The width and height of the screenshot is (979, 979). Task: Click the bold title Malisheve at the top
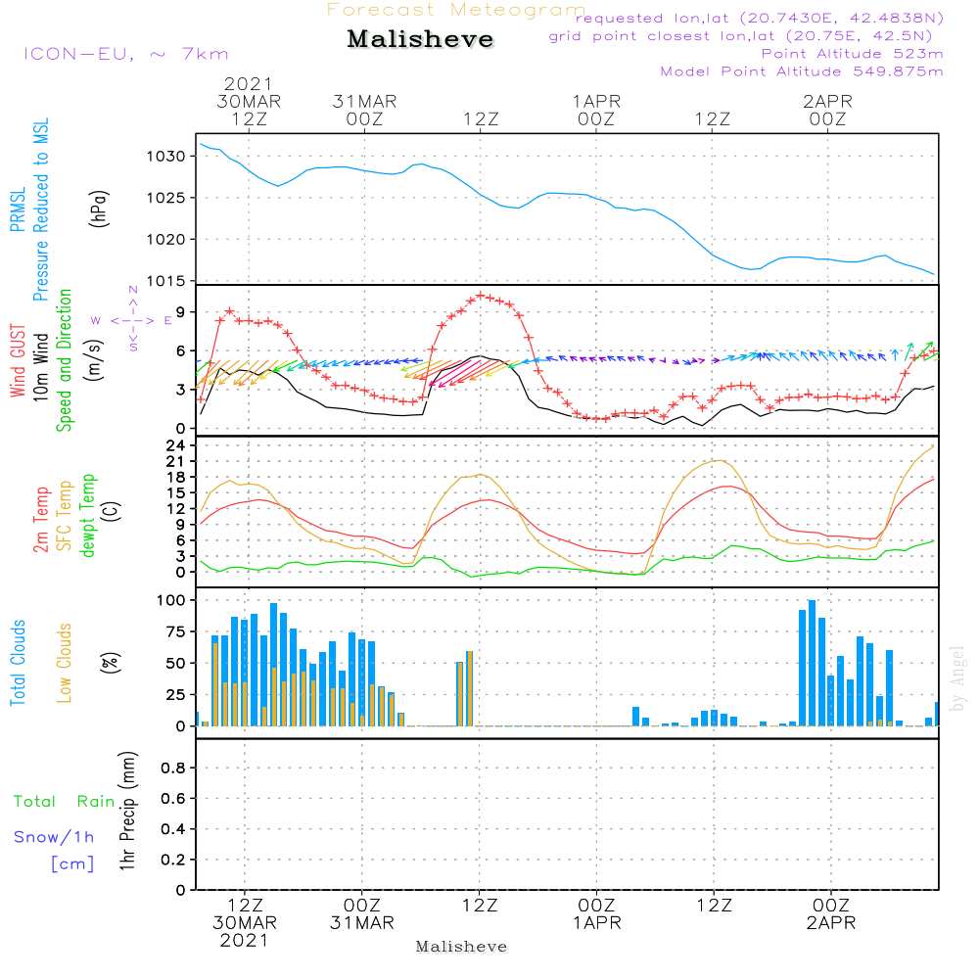click(420, 40)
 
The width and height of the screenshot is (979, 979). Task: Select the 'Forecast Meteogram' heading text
click(456, 10)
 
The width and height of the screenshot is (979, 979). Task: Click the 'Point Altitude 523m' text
click(852, 54)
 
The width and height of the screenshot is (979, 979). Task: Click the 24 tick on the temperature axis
click(176, 445)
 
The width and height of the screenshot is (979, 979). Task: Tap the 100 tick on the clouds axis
click(171, 599)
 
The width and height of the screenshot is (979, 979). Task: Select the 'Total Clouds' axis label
click(19, 663)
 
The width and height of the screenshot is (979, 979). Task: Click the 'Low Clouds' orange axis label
click(65, 663)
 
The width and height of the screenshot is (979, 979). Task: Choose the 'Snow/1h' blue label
click(54, 837)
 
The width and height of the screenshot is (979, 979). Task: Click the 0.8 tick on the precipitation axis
click(172, 769)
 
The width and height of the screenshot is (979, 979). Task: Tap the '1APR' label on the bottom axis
click(597, 922)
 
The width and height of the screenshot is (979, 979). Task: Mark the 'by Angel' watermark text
click(957, 678)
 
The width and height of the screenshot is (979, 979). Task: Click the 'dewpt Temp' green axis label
click(88, 516)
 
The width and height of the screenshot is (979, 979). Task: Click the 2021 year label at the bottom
click(245, 941)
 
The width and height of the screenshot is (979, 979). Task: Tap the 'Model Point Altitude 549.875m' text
click(802, 71)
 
